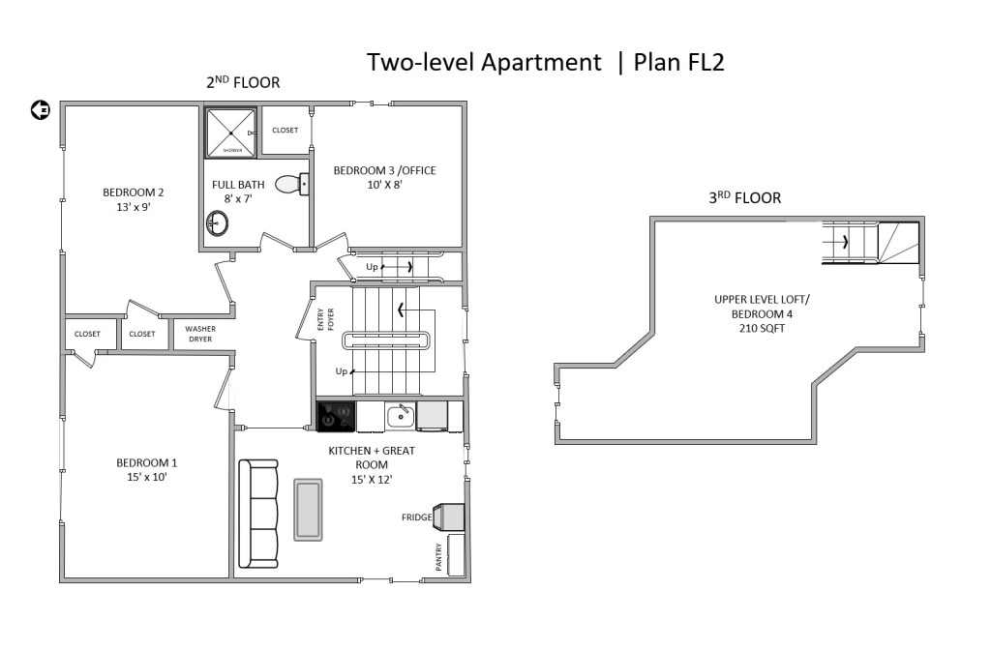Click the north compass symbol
coord(41,110)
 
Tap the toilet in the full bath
coord(292,184)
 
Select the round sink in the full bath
coord(217,223)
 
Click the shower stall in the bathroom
coord(232,133)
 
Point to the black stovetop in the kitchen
coord(336,417)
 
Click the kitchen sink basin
coord(401,417)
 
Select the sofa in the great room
coord(257,514)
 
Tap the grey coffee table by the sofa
coord(308,510)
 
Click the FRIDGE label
coord(416,517)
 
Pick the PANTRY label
coord(439,556)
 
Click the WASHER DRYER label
coord(200,334)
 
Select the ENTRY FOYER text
coord(325,319)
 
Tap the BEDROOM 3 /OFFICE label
coord(384,170)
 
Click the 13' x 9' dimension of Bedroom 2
coord(134,207)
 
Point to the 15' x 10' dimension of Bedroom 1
coord(147,477)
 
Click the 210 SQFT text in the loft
coord(763,329)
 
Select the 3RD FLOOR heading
coord(744,197)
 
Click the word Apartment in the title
coord(541,63)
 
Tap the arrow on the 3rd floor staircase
coord(843,241)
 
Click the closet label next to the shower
coord(285,131)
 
